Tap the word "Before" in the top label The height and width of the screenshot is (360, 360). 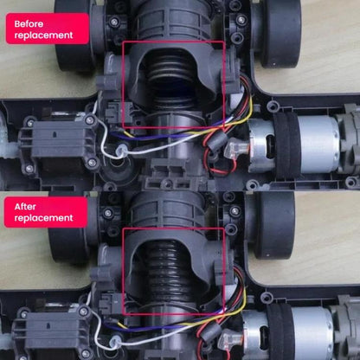point(29,23)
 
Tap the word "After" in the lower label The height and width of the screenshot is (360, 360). point(25,207)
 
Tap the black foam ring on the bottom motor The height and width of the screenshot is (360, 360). point(280,331)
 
